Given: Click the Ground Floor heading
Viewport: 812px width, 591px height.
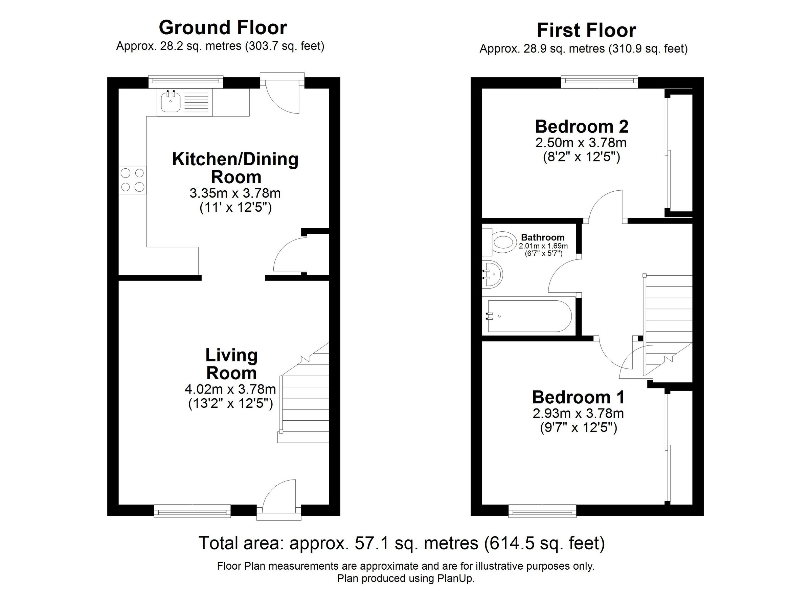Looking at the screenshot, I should click(223, 27).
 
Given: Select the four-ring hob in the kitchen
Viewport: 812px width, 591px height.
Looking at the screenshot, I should click(133, 180).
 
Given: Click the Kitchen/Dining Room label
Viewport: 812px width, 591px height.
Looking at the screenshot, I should click(235, 168).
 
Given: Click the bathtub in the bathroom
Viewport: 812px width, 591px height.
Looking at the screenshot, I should click(530, 316).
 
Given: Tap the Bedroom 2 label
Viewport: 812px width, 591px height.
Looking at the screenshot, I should click(582, 127).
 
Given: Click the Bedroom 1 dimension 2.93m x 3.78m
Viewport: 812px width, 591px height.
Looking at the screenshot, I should click(578, 413).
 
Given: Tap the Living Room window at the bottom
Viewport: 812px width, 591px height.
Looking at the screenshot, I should click(193, 511).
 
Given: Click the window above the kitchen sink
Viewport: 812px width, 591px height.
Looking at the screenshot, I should click(186, 81).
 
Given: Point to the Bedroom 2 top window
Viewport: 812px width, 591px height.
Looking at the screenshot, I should click(599, 81).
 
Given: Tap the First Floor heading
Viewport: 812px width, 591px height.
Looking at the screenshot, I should click(586, 30).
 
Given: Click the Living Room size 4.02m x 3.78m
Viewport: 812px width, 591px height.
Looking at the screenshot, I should click(230, 389).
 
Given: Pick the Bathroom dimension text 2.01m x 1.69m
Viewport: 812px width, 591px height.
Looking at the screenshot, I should click(543, 246).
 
